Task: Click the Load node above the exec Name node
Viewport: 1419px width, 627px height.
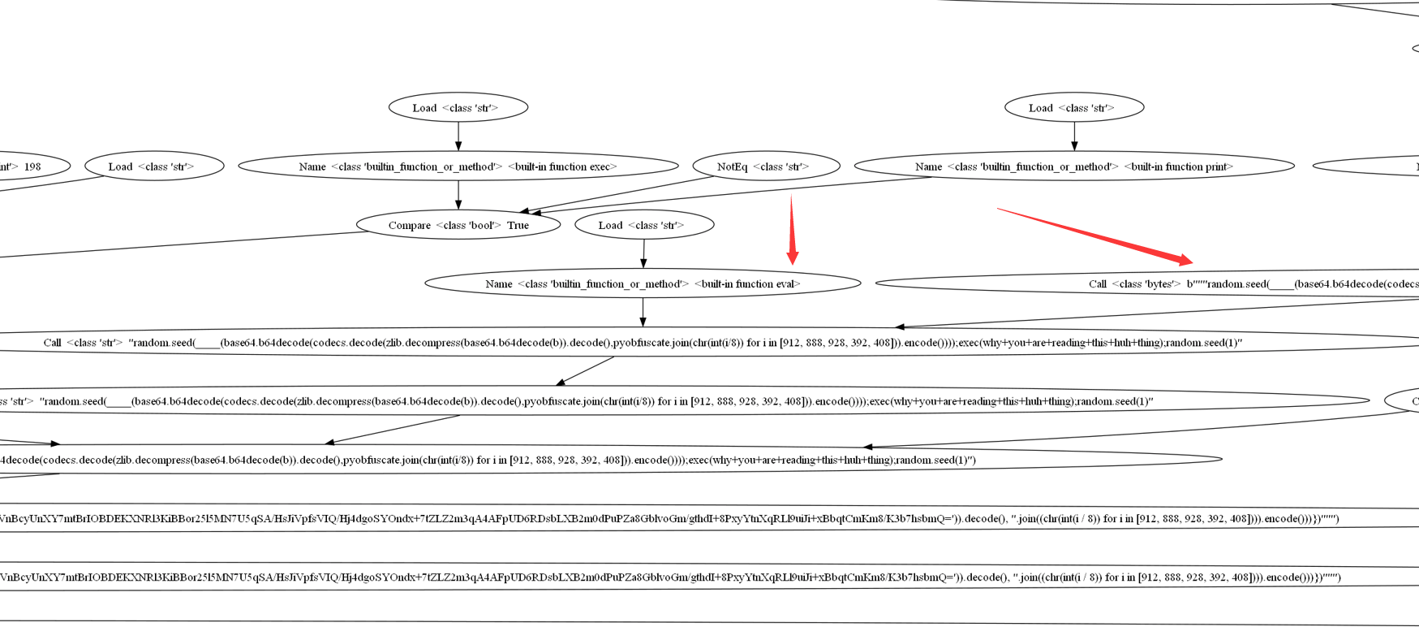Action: (x=458, y=108)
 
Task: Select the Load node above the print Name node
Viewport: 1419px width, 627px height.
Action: (x=1074, y=108)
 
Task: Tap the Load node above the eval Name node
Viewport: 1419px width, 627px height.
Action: (x=644, y=225)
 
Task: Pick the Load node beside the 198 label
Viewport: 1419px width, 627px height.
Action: (x=154, y=166)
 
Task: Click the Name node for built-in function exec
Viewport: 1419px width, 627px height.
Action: (x=458, y=166)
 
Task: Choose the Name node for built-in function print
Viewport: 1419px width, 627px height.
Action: (x=1074, y=166)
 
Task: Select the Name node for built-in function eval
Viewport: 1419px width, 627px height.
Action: (x=643, y=283)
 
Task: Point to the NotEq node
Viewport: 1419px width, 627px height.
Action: (x=766, y=166)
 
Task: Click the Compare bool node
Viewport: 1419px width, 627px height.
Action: (x=458, y=225)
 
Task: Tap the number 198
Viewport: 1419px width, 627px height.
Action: (x=32, y=166)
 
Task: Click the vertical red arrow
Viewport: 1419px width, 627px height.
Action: (x=792, y=231)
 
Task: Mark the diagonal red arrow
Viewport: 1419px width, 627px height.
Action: (x=1095, y=236)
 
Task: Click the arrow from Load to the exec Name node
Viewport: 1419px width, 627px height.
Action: (x=458, y=136)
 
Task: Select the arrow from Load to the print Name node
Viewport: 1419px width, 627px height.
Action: (x=1074, y=136)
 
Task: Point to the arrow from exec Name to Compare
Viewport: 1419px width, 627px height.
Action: (x=458, y=195)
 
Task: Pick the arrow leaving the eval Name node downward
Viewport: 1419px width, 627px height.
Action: (x=643, y=313)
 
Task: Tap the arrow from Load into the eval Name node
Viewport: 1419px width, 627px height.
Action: (x=643, y=253)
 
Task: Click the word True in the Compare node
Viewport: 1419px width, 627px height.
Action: (x=518, y=226)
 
